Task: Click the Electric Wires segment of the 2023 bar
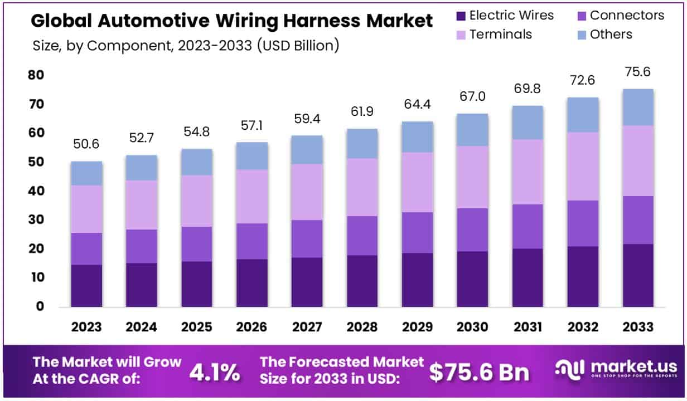point(86,285)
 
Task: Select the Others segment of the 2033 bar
point(638,107)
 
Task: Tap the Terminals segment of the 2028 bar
point(362,187)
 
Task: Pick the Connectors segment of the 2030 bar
point(472,229)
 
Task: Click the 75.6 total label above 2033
point(638,72)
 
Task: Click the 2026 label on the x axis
point(251,326)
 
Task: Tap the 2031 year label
point(528,326)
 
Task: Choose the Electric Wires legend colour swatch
point(461,16)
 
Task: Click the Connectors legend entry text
point(627,16)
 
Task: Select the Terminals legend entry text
point(501,35)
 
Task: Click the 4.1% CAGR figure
point(215,372)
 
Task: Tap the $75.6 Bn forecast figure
point(480,372)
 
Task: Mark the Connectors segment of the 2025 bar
point(196,244)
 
